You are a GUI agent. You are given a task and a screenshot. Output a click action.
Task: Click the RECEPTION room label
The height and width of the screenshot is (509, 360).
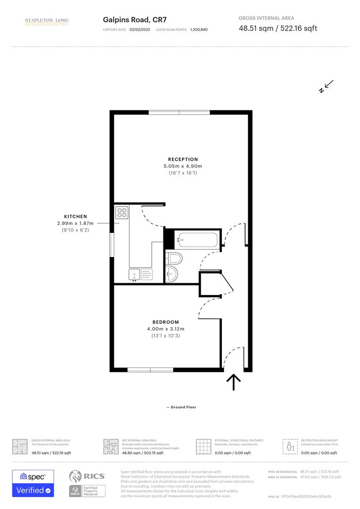tap(183, 159)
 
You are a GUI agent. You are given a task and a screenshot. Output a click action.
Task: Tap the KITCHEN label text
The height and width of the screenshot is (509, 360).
tap(75, 216)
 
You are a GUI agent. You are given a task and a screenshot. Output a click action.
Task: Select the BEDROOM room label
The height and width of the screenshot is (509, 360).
tap(165, 322)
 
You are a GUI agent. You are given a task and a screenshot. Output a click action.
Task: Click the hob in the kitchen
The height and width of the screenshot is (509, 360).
tap(122, 213)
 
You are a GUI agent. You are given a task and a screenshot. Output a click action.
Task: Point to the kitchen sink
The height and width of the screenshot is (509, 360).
tap(135, 274)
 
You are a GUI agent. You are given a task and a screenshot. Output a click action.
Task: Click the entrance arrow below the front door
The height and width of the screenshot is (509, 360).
tap(233, 382)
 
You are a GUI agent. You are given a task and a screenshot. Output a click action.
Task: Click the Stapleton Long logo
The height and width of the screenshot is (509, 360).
tap(47, 21)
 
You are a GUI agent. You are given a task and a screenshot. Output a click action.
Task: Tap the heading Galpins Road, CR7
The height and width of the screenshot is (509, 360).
tap(133, 20)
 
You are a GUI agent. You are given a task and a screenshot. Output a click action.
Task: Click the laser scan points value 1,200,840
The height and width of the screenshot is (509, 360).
tap(199, 30)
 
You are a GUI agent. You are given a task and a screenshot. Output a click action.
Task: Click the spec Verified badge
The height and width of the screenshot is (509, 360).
tap(33, 483)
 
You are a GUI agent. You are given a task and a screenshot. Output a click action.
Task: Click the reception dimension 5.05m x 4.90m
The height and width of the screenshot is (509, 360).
tap(183, 166)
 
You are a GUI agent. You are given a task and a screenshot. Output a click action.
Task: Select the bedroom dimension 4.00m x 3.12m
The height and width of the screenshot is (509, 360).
tap(165, 329)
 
